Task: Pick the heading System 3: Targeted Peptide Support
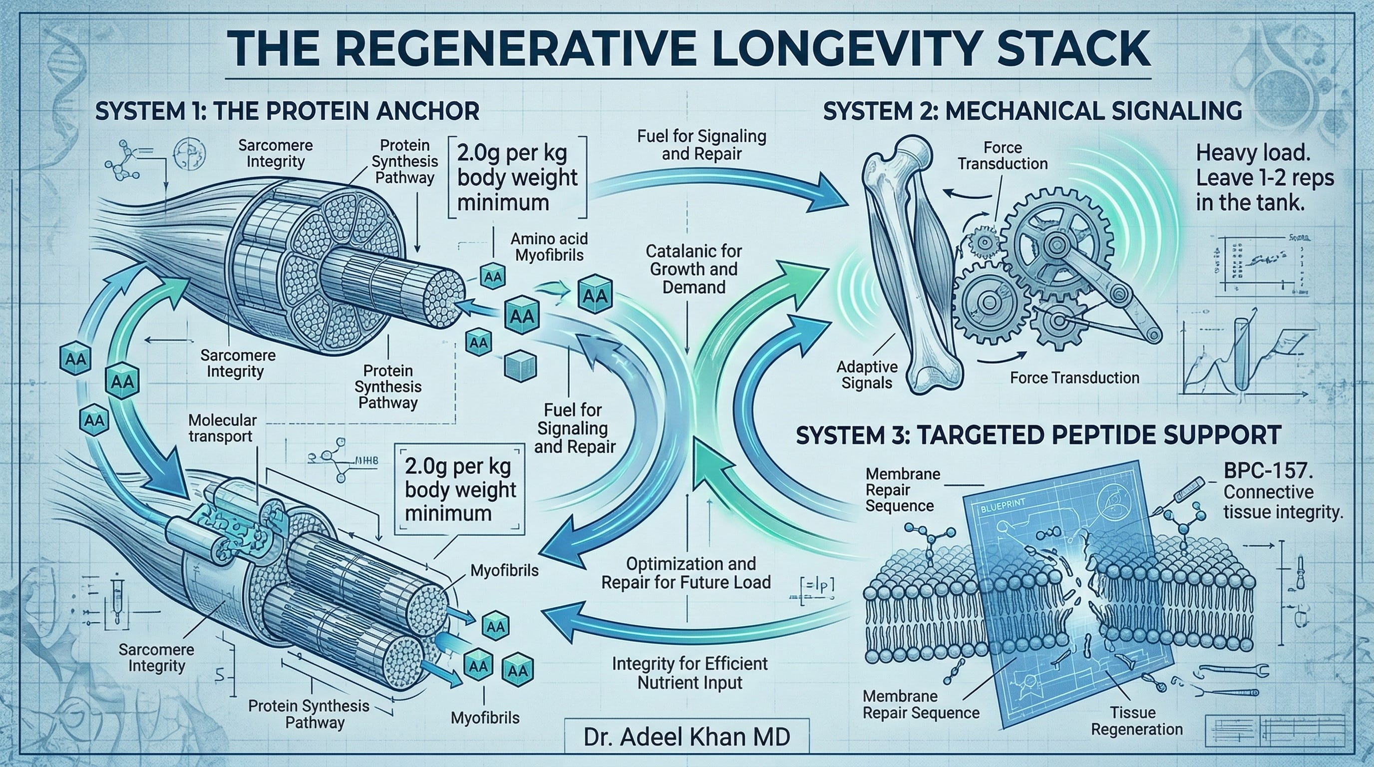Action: click(x=1038, y=435)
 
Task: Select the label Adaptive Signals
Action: click(x=867, y=375)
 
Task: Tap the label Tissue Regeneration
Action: click(x=1137, y=721)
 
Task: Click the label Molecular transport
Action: click(x=222, y=428)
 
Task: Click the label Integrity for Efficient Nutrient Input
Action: click(x=689, y=673)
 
